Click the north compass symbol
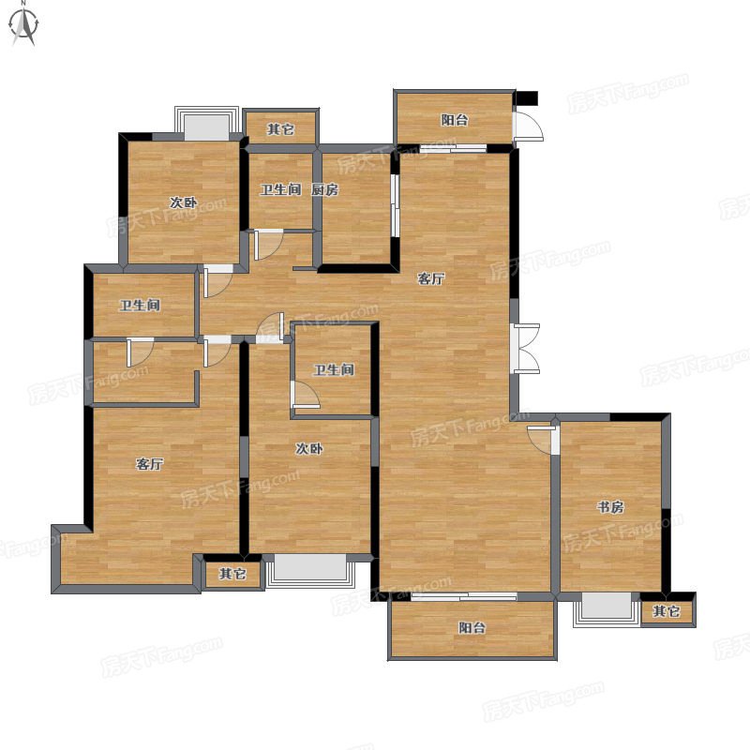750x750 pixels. [24, 25]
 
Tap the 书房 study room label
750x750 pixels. [611, 506]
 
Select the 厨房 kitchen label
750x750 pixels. [324, 189]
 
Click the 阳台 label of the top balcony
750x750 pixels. [455, 120]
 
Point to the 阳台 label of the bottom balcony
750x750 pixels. [472, 627]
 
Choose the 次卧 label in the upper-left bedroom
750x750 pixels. [183, 202]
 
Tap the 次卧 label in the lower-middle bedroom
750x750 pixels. [309, 448]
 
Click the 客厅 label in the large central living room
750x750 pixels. [431, 278]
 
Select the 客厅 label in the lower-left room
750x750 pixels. [150, 463]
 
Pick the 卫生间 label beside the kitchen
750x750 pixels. [280, 189]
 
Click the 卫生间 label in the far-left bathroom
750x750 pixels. [140, 305]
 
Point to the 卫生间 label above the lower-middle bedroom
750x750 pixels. [334, 369]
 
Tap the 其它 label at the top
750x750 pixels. [280, 129]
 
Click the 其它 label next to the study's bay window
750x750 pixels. [667, 611]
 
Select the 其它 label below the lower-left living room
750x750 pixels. [232, 574]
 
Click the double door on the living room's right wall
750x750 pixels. [525, 348]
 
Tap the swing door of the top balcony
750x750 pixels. [528, 126]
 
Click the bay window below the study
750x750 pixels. [607, 609]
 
